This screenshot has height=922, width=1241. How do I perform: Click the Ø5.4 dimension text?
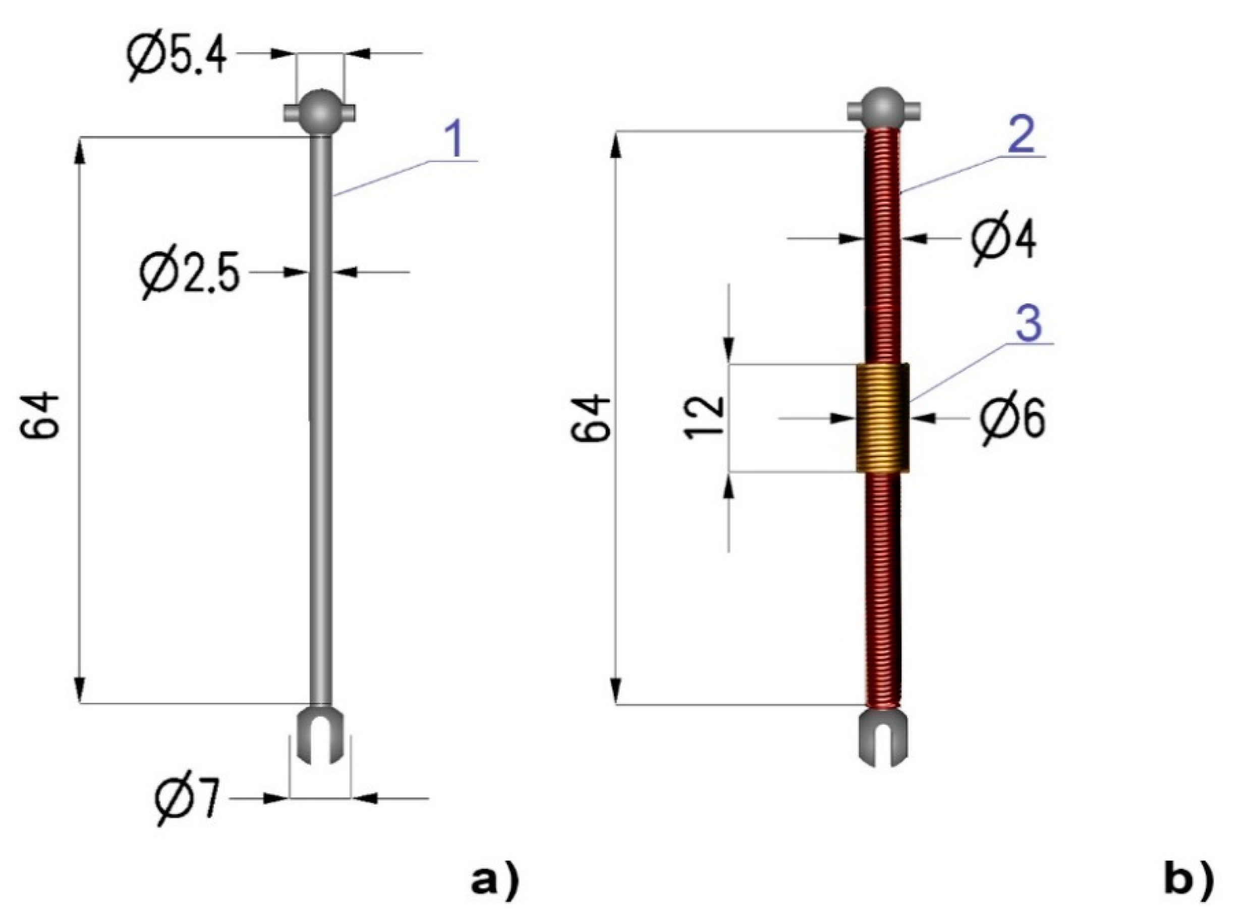[x=178, y=58]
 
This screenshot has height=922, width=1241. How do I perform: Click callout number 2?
[x=1021, y=135]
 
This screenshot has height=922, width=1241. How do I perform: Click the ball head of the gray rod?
[x=320, y=111]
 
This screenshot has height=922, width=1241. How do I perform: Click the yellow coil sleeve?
[x=882, y=417]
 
